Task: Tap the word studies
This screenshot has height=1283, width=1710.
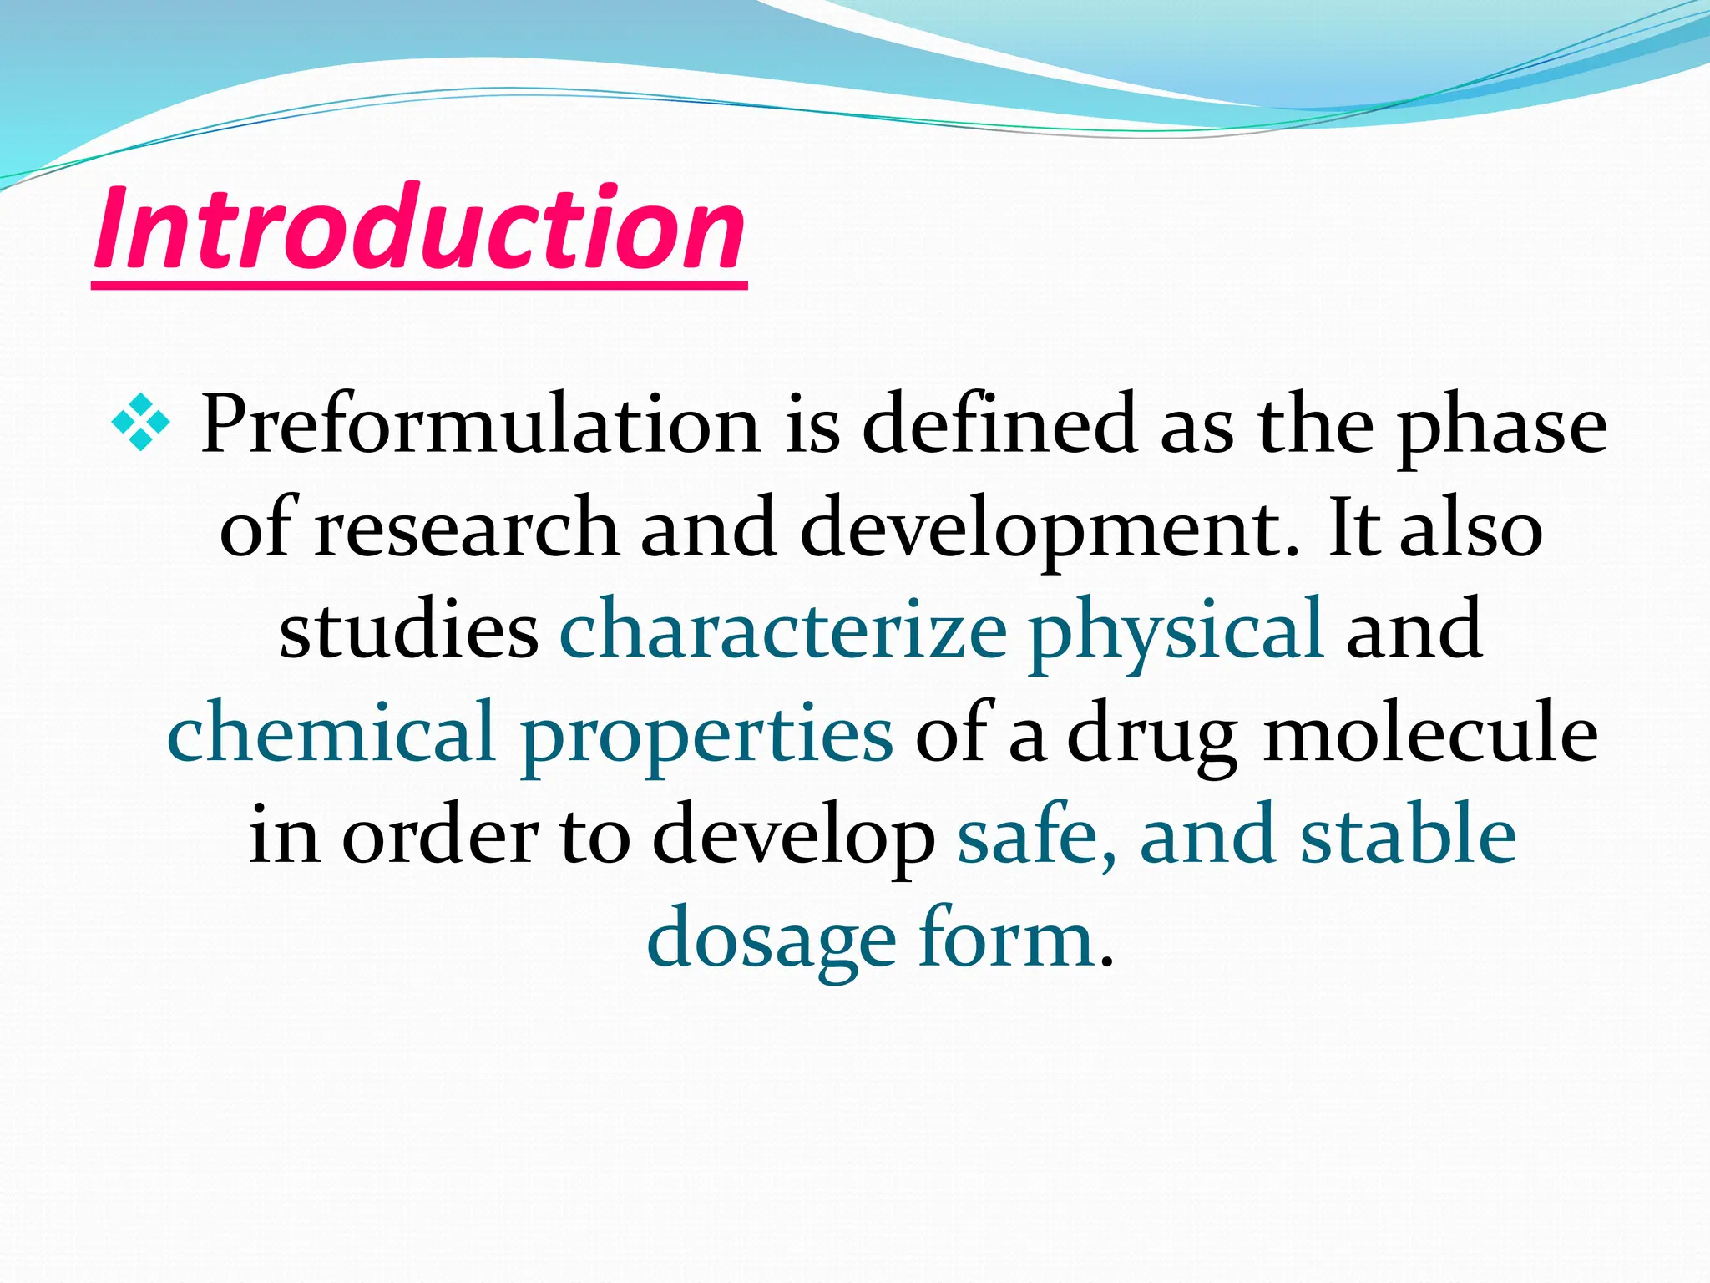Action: (x=408, y=631)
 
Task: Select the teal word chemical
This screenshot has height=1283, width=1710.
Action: (x=331, y=733)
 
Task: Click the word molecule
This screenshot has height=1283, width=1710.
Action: (x=1429, y=733)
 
